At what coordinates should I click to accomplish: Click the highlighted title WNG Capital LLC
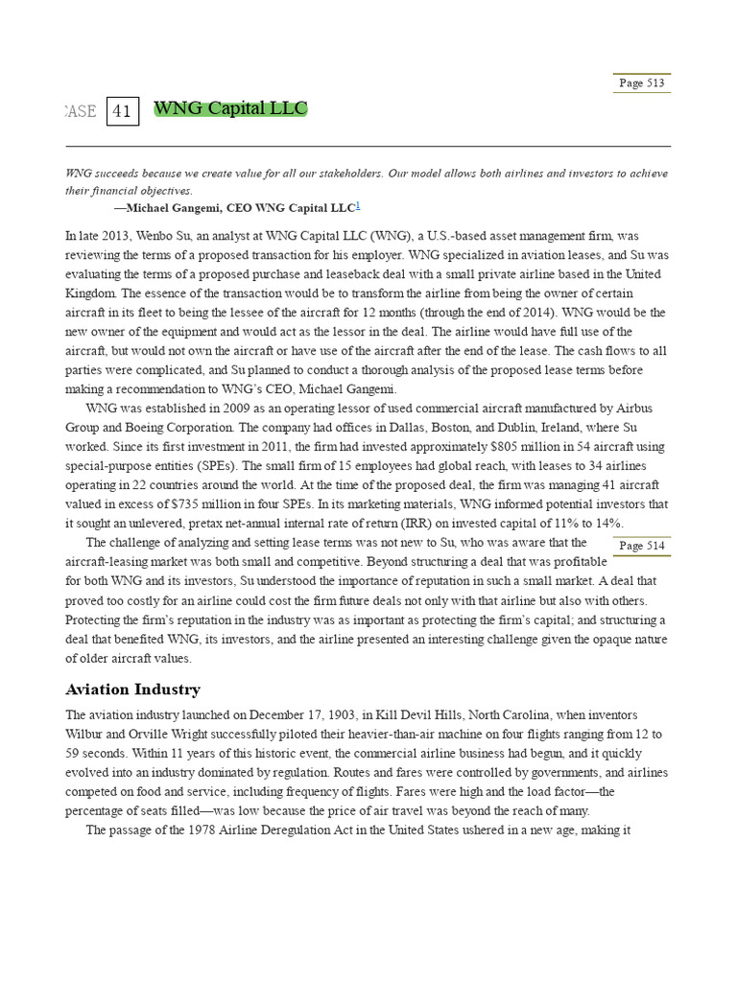230,108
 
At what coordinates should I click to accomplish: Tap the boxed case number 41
122,111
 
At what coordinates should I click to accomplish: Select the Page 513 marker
641,83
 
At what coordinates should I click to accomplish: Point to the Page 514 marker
641,546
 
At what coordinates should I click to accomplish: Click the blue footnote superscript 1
358,205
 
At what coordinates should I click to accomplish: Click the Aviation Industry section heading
132,690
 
